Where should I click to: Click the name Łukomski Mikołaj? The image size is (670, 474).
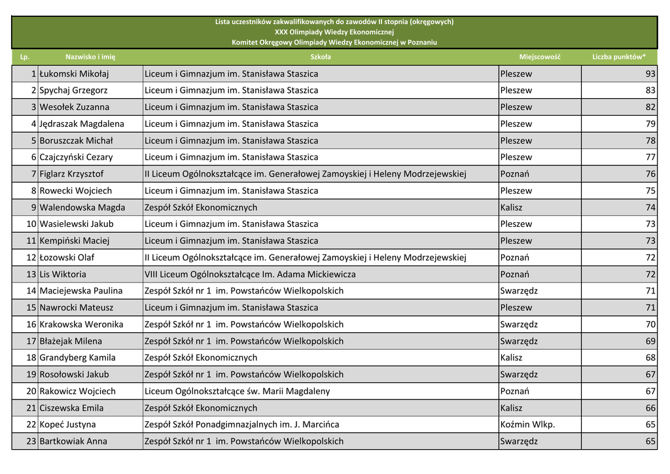[x=74, y=74]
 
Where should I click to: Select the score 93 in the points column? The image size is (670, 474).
[x=650, y=74]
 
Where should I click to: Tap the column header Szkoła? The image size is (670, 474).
[x=321, y=57]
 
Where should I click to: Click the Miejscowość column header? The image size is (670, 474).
[x=540, y=57]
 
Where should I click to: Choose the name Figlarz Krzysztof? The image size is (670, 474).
[x=71, y=174]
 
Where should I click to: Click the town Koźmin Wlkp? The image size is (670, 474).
[x=527, y=424]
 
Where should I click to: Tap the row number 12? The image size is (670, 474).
[x=31, y=258]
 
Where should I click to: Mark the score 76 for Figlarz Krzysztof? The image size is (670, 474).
[x=650, y=174]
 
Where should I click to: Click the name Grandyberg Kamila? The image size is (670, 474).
[x=77, y=358]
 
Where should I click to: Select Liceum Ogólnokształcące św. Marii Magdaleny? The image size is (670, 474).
[x=237, y=391]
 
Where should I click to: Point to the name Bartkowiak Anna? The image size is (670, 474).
[x=73, y=441]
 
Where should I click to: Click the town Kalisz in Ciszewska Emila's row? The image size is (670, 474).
[x=511, y=408]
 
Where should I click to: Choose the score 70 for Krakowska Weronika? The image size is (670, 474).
[x=650, y=324]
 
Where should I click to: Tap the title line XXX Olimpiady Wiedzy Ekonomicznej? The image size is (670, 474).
[x=334, y=32]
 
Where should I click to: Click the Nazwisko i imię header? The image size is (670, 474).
[x=90, y=57]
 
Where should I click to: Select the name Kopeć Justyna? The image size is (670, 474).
[x=67, y=424]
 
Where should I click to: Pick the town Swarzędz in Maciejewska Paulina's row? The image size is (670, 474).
[x=519, y=291]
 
